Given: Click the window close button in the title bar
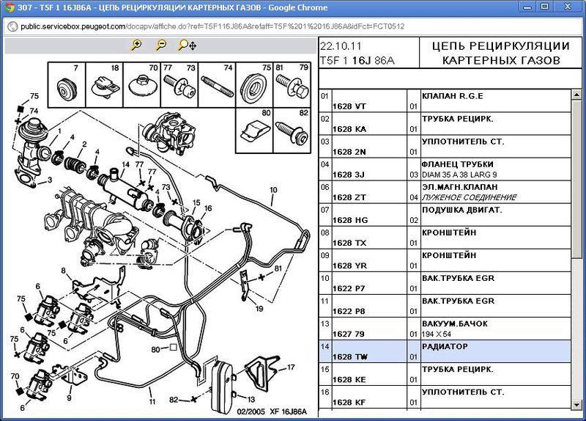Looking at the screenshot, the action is (568, 7).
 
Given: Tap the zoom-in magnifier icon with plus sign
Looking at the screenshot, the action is (136, 45).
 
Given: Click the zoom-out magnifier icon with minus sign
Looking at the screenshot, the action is (161, 45).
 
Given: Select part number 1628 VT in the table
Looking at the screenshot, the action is (349, 106).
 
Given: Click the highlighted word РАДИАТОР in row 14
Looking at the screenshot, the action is (445, 346).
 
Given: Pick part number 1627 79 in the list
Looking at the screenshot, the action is (349, 334).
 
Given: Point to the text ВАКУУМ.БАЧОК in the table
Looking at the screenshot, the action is (455, 323).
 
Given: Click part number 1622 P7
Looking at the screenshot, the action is (349, 288).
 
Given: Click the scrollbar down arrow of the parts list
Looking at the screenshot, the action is (576, 405).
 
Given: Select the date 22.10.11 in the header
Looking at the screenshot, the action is (341, 46).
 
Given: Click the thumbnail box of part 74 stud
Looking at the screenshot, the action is (217, 85).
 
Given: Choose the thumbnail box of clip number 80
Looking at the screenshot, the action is (254, 131).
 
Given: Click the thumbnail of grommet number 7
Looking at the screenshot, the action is (67, 85).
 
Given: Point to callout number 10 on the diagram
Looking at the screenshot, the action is (273, 190).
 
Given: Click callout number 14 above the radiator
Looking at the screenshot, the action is (125, 164).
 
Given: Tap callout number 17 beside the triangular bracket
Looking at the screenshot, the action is (291, 367).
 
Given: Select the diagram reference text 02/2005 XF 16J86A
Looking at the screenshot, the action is (272, 411).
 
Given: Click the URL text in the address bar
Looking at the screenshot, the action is (212, 26).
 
